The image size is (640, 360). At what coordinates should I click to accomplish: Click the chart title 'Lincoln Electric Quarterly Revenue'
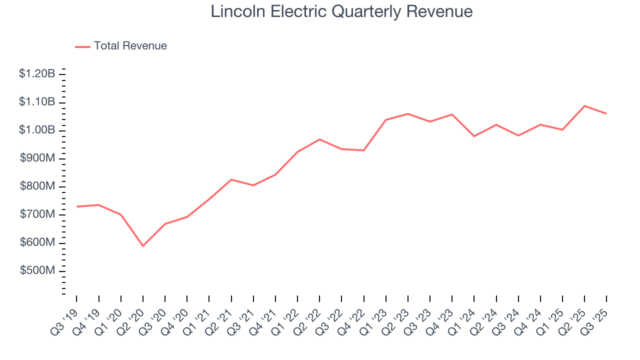pos(341,11)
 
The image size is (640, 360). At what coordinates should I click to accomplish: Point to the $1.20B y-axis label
pos(37,74)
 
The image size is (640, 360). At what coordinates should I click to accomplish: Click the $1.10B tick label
pos(37,102)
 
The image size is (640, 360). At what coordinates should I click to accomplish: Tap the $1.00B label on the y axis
pos(37,130)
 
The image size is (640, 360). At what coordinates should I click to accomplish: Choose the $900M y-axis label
pos(37,158)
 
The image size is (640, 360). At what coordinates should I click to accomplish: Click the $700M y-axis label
pos(37,214)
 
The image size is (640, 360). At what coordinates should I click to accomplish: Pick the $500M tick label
pos(37,270)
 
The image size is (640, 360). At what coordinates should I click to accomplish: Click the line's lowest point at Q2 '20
pos(143,246)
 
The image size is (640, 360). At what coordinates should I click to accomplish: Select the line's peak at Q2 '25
pos(584,106)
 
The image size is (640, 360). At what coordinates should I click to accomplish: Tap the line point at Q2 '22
pos(319,139)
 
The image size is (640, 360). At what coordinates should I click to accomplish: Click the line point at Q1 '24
pos(474,136)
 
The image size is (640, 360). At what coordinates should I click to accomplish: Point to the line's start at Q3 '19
pos(76,206)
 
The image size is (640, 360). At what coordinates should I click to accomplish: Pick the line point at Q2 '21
pos(231,179)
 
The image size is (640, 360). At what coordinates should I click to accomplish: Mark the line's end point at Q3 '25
pos(606,113)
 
